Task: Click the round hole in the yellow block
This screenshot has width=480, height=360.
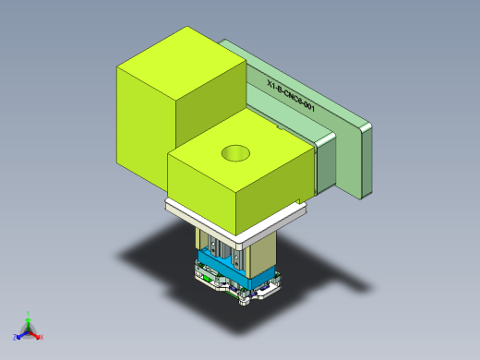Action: click(235, 152)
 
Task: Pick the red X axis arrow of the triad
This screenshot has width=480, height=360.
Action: click(36, 336)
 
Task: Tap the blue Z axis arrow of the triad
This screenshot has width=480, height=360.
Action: click(21, 334)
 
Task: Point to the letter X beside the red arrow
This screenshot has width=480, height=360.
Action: click(42, 338)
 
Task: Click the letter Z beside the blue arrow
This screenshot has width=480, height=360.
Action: click(15, 337)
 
